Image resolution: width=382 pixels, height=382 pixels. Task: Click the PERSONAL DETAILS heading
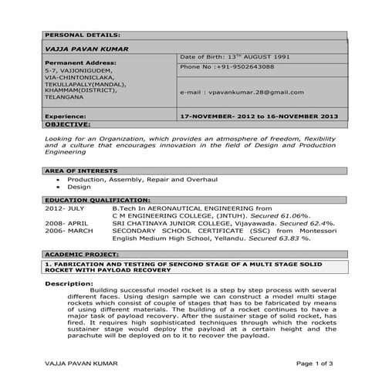(83, 35)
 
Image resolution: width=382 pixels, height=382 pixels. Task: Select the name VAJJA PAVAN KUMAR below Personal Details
(86, 49)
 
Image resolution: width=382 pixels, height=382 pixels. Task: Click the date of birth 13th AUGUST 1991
(235, 57)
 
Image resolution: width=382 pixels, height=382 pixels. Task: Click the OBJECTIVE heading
(68, 123)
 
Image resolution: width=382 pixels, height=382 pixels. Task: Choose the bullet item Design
(79, 188)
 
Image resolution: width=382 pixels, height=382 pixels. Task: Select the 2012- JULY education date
(65, 208)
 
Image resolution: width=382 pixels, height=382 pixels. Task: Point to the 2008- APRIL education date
(66, 223)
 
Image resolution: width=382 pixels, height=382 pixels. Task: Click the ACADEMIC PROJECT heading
(80, 253)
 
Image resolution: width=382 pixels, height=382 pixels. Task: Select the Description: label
(70, 284)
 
